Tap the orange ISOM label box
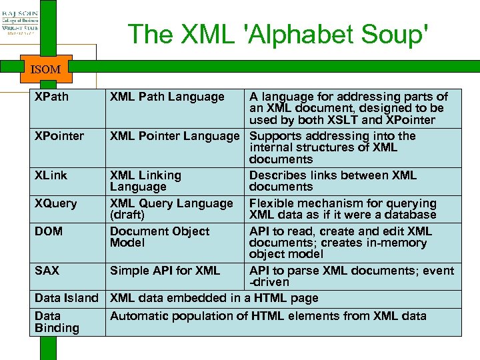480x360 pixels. tap(45, 69)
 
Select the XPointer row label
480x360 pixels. tap(59, 136)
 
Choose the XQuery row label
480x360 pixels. tap(55, 203)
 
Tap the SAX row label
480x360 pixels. tap(47, 270)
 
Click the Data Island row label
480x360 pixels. tap(66, 298)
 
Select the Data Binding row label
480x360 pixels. tap(57, 322)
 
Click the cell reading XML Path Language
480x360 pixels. tap(167, 97)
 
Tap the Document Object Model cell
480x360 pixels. tap(159, 237)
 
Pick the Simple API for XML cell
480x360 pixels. tap(165, 270)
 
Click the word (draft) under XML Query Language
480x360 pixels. tap(127, 215)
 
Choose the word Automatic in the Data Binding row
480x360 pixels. tap(139, 315)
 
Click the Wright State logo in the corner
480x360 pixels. tap(20, 19)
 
